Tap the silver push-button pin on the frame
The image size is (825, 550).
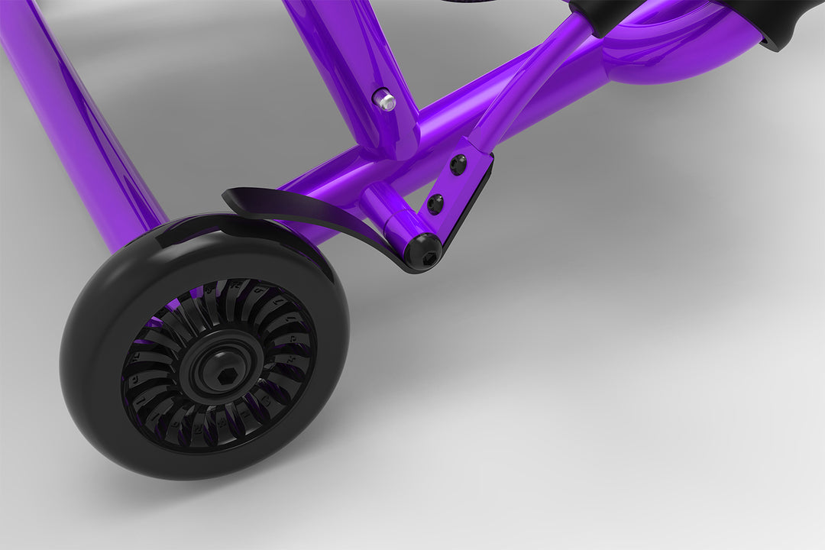(x=384, y=100)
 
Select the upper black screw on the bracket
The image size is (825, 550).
(x=458, y=164)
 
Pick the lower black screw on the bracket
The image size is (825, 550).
(x=435, y=204)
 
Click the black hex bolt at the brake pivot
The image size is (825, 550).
(x=424, y=251)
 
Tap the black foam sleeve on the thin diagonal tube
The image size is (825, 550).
(x=603, y=15)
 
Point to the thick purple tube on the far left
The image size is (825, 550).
(x=84, y=130)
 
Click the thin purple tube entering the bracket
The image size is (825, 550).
(x=527, y=84)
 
